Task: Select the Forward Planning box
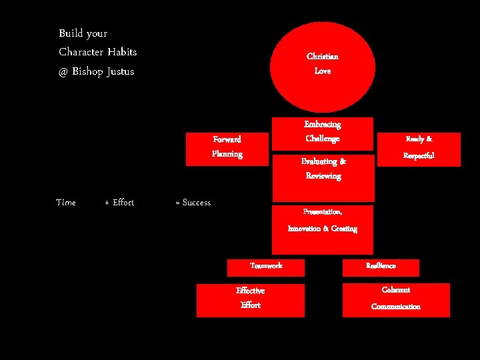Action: (x=227, y=147)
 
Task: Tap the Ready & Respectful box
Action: (x=419, y=148)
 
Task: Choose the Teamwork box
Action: (x=266, y=266)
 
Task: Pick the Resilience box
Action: (x=381, y=267)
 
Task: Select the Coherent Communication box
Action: (x=396, y=299)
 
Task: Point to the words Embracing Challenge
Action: (x=323, y=131)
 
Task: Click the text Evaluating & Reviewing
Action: (x=323, y=169)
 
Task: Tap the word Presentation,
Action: (x=323, y=212)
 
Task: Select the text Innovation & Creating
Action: (x=323, y=229)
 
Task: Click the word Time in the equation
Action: (x=66, y=203)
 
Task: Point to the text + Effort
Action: (x=119, y=203)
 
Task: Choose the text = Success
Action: (x=193, y=203)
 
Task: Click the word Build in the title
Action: (x=71, y=33)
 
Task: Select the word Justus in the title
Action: (x=120, y=71)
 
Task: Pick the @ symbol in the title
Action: (x=63, y=71)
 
